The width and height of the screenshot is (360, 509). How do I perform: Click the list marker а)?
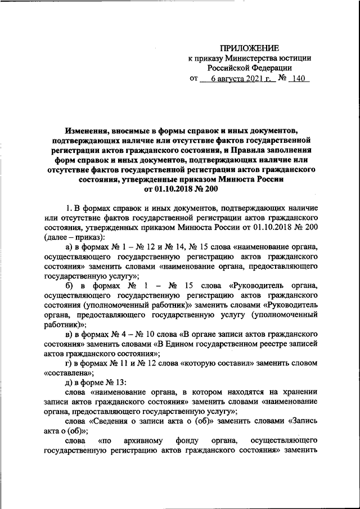click(x=70, y=247)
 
